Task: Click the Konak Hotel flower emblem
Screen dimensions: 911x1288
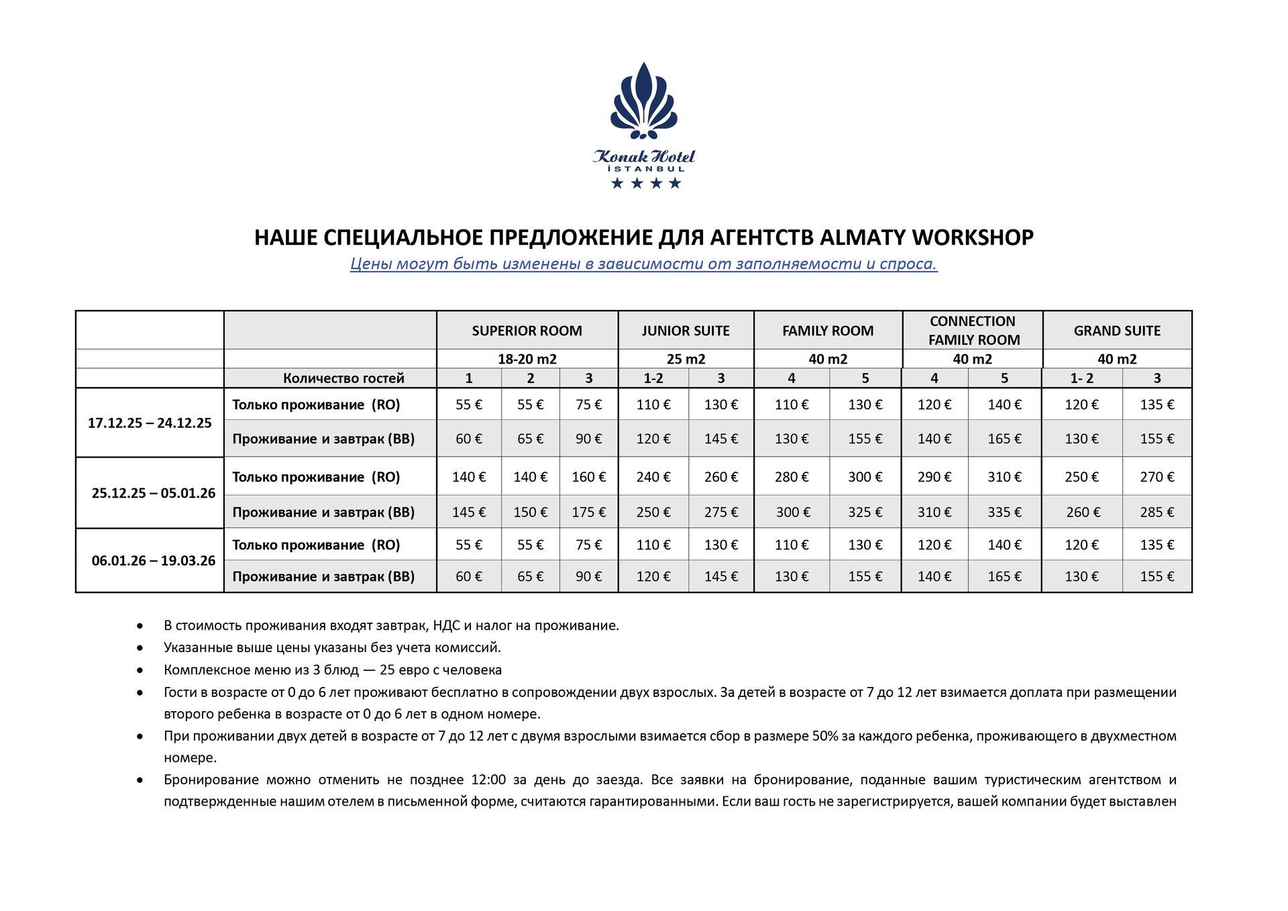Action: coord(643,101)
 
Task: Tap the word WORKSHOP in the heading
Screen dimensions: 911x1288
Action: coord(973,237)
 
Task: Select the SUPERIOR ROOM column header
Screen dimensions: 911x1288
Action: coord(527,331)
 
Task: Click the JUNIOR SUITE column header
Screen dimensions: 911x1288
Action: coord(685,331)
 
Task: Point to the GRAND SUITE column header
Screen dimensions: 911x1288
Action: coord(1116,331)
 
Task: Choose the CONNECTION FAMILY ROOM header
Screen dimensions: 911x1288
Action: coord(973,331)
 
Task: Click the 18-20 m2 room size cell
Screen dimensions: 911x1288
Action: coord(527,359)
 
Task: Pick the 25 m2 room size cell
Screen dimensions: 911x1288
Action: coord(685,359)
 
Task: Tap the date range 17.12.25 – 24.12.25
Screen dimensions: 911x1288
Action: coord(150,423)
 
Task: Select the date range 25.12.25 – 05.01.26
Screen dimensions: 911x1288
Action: coord(154,493)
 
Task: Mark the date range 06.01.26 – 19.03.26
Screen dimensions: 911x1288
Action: coord(154,561)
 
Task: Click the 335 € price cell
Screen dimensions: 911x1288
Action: coord(1004,513)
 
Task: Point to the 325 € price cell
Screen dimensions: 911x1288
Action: coord(865,513)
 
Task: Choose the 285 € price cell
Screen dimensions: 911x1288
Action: coord(1157,513)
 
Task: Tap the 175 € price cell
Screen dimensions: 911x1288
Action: coord(588,513)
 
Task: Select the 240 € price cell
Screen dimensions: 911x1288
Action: coord(653,477)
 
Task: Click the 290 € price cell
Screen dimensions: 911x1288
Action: coord(934,477)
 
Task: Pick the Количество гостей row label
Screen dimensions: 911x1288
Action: coord(343,378)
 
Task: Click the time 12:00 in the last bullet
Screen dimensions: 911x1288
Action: coord(488,780)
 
